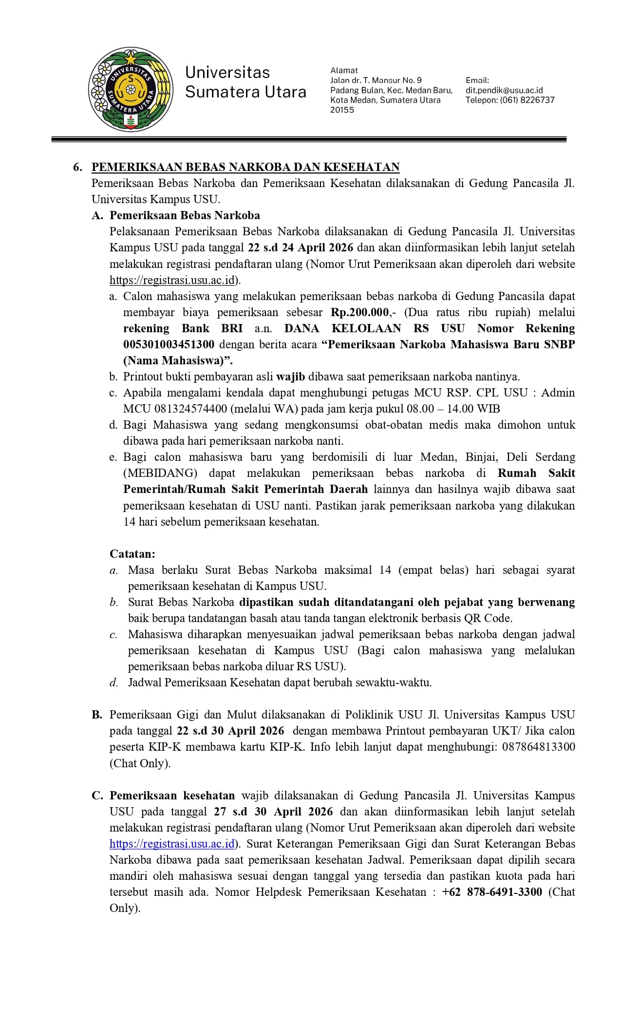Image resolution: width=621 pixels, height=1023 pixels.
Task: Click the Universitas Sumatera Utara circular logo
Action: point(131,90)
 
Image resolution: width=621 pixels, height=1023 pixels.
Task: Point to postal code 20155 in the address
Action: point(342,110)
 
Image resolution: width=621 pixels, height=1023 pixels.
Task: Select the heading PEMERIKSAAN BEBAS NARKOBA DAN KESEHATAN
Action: point(245,167)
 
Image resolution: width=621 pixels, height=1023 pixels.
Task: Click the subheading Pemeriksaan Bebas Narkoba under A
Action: point(185,215)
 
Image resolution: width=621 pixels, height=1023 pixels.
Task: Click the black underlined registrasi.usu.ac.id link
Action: point(173,280)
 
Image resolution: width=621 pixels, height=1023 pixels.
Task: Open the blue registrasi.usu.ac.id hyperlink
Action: point(172,844)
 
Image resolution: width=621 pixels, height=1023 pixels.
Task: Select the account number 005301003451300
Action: point(169,344)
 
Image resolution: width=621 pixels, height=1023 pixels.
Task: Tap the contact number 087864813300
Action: point(535,747)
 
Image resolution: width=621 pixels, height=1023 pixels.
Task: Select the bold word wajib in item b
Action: point(291,377)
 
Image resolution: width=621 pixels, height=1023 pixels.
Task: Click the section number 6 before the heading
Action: point(77,168)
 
